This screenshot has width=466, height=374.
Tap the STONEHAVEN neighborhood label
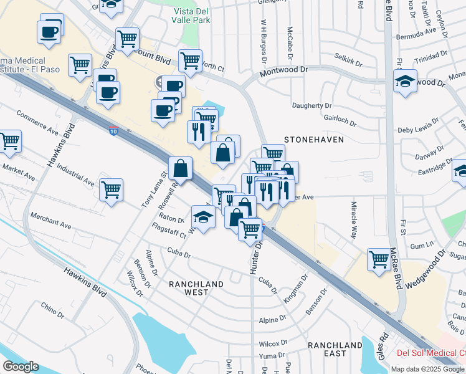[x=314, y=140]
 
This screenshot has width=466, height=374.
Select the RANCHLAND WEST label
[x=196, y=288]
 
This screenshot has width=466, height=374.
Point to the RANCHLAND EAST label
[x=335, y=349]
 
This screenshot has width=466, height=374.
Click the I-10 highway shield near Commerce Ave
[x=112, y=132]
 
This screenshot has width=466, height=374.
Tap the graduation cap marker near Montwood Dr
[x=405, y=80]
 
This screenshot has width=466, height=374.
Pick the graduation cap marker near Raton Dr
[x=203, y=216]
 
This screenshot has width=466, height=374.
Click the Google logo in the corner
[x=21, y=367]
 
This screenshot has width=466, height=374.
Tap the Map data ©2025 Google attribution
[x=427, y=368]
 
